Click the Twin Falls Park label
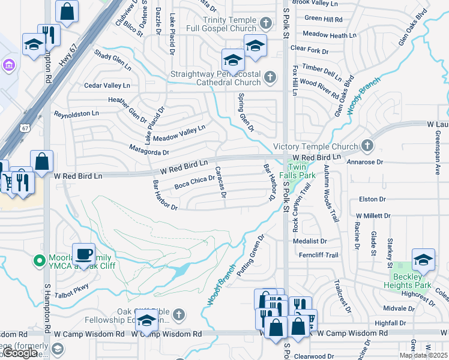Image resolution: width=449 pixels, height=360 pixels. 301,171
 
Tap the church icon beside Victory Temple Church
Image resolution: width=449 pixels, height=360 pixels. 367,146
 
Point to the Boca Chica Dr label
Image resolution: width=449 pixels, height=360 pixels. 194,182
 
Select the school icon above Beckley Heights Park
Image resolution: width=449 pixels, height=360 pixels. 423,259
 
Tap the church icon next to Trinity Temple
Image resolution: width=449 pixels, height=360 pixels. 267,24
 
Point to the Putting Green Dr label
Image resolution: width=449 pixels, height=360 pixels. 250,256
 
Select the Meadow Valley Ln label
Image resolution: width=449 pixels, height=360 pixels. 179,133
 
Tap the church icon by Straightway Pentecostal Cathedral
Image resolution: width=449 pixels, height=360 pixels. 271,77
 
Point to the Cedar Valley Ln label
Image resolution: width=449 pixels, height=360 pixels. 107,86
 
